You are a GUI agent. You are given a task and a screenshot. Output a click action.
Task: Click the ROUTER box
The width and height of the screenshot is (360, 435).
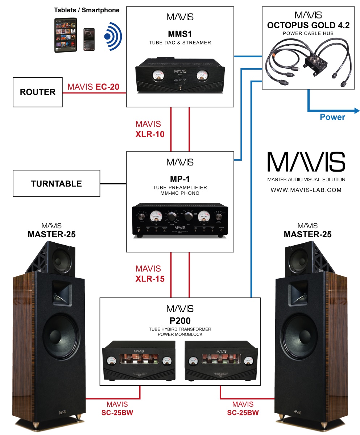pyautogui.click(x=38, y=92)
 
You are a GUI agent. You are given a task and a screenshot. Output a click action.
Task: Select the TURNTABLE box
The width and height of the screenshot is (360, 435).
pyautogui.click(x=56, y=184)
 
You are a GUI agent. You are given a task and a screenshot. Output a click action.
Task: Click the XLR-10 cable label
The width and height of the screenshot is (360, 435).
pyautogui.click(x=150, y=134)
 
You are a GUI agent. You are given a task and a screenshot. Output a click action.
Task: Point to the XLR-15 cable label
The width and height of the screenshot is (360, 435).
pyautogui.click(x=150, y=279)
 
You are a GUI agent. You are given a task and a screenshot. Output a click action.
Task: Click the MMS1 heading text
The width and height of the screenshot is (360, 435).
pyautogui.click(x=180, y=34)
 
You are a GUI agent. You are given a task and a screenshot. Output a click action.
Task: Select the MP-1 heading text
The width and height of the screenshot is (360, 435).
pyautogui.click(x=180, y=179)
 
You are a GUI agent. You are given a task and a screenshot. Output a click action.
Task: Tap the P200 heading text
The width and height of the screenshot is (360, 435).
pyautogui.click(x=180, y=321)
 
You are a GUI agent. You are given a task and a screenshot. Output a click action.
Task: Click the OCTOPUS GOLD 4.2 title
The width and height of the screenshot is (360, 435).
pyautogui.click(x=308, y=26)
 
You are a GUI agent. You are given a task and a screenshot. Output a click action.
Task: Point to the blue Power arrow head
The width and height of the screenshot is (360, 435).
pyautogui.click(x=356, y=111)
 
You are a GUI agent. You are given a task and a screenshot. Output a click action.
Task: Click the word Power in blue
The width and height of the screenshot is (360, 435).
pyautogui.click(x=332, y=117)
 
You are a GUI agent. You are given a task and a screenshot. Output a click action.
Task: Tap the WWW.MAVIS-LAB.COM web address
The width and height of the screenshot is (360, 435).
pyautogui.click(x=306, y=190)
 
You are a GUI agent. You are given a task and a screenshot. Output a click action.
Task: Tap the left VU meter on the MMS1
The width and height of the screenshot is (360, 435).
pyautogui.click(x=157, y=76)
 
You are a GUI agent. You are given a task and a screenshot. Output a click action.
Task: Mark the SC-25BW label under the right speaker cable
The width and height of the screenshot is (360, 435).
pyautogui.click(x=243, y=413)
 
